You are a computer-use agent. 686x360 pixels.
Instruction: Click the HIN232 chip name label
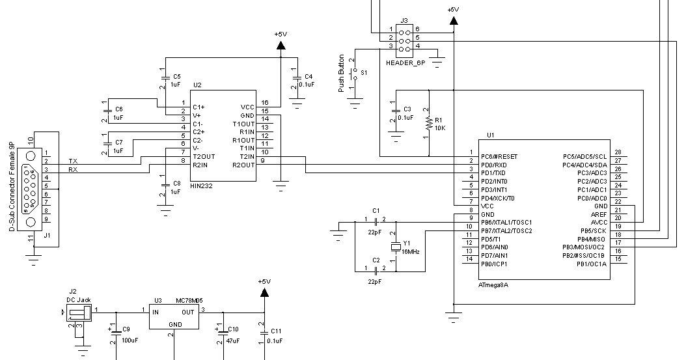tap(202, 186)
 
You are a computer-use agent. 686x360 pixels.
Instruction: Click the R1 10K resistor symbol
tap(429, 122)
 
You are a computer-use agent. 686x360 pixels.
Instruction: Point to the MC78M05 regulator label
tap(189, 301)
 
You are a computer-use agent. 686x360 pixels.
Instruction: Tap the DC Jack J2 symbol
tap(77, 314)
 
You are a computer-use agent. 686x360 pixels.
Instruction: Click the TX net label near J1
tap(74, 161)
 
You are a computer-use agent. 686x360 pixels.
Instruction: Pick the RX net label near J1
tap(74, 170)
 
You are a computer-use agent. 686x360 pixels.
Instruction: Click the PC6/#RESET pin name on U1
tap(499, 157)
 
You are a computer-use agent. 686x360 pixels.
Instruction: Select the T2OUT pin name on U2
tap(203, 157)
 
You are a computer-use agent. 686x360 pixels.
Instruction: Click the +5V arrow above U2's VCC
tap(281, 45)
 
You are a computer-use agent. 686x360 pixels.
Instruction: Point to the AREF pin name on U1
tap(599, 214)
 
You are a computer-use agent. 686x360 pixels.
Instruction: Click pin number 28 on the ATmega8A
tap(617, 152)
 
